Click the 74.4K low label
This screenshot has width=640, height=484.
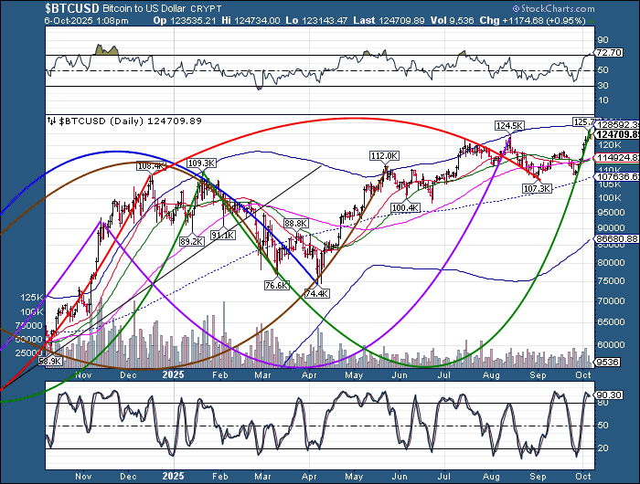(x=316, y=293)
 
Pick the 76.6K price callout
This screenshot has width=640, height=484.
(x=275, y=285)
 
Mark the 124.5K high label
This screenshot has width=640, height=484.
(x=508, y=125)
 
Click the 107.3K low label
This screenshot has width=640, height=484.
(x=537, y=188)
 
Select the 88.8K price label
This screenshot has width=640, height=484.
(x=295, y=223)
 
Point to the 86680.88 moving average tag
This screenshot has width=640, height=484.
(x=614, y=238)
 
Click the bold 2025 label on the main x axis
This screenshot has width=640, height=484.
(x=172, y=374)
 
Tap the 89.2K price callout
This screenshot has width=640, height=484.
(x=190, y=241)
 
